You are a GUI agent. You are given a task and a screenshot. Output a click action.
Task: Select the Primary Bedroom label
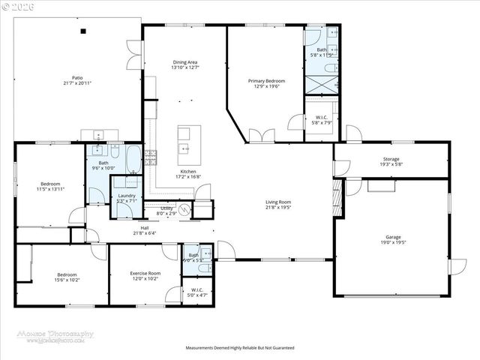tap(266, 82)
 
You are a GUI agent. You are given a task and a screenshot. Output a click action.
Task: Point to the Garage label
tap(393, 240)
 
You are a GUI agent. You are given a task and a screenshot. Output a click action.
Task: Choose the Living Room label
tap(277, 204)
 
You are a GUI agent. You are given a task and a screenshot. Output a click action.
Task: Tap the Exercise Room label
tap(145, 276)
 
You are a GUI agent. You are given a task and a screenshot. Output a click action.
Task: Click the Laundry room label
tap(126, 198)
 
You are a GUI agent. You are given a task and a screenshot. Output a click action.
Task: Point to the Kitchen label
tap(187, 174)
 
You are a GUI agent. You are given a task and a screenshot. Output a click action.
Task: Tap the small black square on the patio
tap(83, 31)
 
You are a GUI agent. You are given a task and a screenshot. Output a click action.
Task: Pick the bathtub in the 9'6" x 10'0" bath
tap(132, 157)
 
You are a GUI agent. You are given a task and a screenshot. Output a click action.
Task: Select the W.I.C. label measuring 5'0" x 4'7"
tap(197, 292)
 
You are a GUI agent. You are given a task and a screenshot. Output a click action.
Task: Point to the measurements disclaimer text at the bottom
tap(240, 348)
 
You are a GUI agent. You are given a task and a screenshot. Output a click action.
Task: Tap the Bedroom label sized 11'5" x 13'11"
tap(50, 186)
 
